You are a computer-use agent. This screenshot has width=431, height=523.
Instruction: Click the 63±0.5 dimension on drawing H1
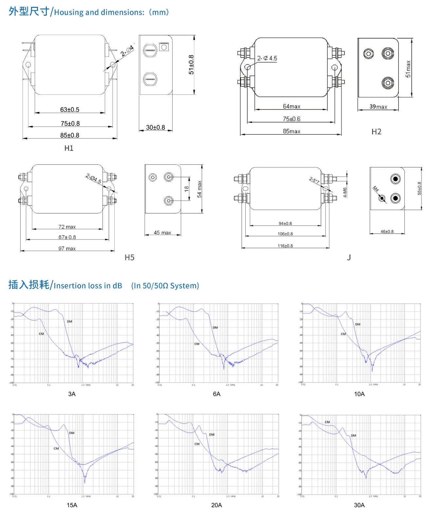point(69,110)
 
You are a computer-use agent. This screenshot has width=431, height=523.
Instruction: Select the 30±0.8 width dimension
point(155,127)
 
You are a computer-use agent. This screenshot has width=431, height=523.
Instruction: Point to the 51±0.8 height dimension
point(191,64)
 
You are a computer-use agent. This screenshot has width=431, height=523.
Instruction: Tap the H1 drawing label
point(69,148)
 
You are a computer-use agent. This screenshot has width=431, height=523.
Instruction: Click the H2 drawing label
point(376,131)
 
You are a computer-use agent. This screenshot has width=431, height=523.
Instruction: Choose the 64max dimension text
point(291,106)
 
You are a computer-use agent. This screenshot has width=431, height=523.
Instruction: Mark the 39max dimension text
point(378,107)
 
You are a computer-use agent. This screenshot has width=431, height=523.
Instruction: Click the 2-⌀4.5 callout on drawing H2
point(267,58)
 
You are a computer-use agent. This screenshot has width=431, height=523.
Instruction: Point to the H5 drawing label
point(129,258)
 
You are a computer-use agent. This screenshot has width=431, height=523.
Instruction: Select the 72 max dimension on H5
point(67,227)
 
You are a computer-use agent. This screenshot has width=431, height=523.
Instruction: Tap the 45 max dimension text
point(162,232)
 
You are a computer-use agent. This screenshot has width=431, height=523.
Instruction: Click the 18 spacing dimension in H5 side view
point(186,189)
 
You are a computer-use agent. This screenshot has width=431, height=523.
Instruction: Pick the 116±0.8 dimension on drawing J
point(285,246)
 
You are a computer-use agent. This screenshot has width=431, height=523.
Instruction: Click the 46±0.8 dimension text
point(387,231)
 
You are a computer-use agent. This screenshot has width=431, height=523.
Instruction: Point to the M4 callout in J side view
point(376,189)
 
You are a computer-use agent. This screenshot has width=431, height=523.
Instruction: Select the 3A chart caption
point(72,394)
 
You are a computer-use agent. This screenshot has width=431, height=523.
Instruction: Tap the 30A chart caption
point(359,505)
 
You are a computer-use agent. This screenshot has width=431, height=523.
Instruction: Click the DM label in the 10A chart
point(358,324)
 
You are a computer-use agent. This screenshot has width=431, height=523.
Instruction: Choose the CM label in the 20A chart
point(197,444)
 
